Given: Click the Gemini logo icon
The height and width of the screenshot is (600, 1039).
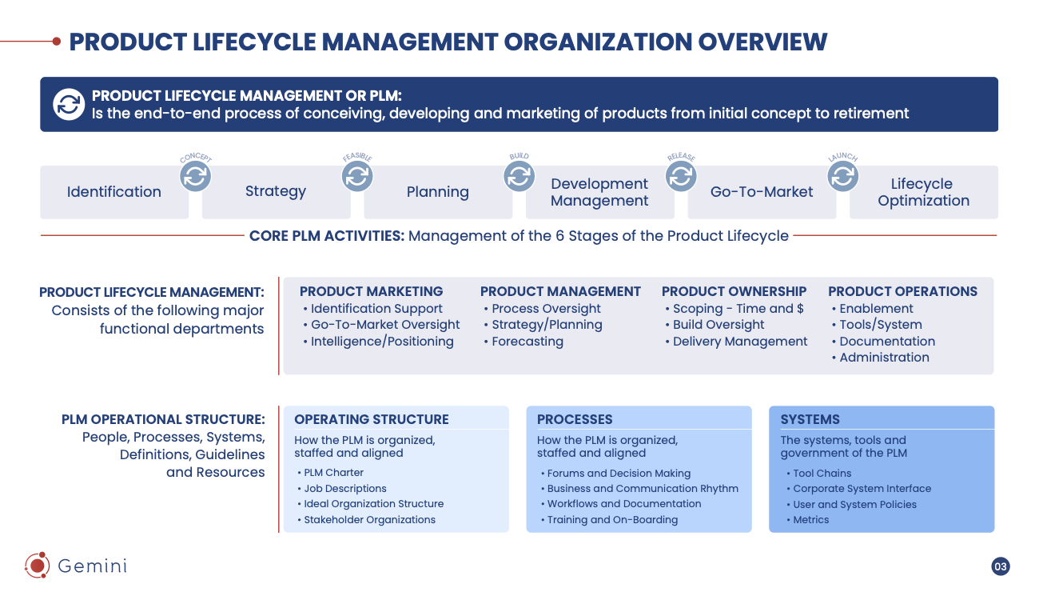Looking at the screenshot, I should point(37,566).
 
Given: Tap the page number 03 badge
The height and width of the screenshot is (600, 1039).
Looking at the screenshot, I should point(1001,566).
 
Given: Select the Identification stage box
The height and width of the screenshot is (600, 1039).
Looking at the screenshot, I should point(114,192).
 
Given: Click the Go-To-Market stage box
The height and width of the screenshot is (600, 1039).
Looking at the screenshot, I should point(762,192).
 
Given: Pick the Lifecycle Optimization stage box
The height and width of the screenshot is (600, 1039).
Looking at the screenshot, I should point(923,192).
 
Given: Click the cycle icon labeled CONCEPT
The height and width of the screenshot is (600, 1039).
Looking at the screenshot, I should point(195,176).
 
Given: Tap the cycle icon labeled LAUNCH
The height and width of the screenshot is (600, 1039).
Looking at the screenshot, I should point(842,176).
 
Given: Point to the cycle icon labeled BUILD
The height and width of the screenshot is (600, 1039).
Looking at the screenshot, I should point(519,176).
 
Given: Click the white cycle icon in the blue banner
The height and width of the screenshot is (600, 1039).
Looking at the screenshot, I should point(69,105).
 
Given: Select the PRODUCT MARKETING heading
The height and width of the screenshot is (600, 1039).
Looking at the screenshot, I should point(371,291).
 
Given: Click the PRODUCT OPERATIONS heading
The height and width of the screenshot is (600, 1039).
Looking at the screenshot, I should point(902,291).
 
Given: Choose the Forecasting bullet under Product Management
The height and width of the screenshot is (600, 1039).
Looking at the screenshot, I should point(527,342).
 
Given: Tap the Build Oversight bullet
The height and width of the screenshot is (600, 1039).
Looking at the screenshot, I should point(718,325).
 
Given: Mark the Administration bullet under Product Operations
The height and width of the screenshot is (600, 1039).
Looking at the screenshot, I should point(884,358).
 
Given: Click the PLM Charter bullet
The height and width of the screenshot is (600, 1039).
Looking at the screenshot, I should point(333,473).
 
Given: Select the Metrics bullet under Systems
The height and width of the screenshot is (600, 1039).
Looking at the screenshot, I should point(810,520).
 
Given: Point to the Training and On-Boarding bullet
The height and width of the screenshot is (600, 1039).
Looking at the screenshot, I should point(612,520).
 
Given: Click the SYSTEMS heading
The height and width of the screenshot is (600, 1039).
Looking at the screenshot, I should point(810,419).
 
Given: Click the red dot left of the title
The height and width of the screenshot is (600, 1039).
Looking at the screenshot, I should point(57,41).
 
